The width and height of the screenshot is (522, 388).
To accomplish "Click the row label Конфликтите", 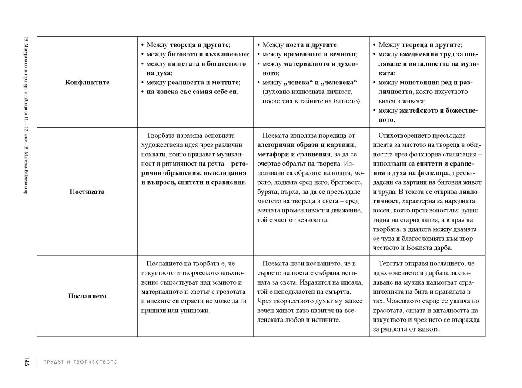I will [x=87, y=82].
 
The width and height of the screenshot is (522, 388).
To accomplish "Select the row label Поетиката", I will [x=87, y=191].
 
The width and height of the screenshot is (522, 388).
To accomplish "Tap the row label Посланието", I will [x=87, y=296].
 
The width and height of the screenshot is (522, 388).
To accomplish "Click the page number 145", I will [x=27, y=361].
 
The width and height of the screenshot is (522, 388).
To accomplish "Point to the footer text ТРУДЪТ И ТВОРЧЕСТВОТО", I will [x=80, y=362].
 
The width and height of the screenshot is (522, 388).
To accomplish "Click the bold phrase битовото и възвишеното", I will [x=209, y=54].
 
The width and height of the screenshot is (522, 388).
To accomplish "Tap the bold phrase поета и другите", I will [x=311, y=45].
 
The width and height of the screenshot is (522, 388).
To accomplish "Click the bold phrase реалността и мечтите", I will [x=204, y=82].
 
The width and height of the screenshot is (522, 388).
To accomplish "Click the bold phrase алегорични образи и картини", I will [x=307, y=145].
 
